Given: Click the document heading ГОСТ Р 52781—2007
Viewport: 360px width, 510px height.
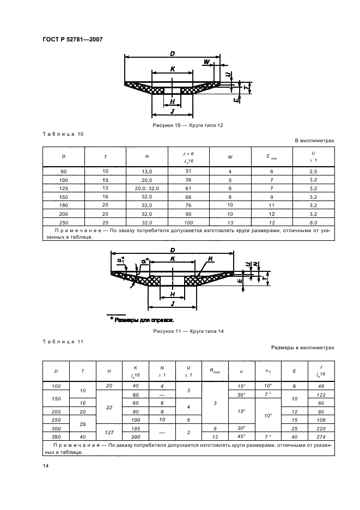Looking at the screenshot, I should point(72,39).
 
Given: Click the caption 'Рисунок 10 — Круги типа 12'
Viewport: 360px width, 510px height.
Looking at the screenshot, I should point(188,125).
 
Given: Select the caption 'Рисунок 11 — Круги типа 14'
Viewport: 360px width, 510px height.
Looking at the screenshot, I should point(188,331).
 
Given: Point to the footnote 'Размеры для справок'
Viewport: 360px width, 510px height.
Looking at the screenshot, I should point(142,319).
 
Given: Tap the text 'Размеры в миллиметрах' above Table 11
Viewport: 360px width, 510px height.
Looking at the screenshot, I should point(302,347).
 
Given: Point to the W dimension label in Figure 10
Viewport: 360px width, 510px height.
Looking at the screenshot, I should point(206,62).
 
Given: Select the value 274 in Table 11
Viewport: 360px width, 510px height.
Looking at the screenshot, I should point(321,437).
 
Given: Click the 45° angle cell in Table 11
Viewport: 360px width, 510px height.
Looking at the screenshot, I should point(241,437).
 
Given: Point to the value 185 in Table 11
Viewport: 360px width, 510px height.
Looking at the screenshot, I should point(135,429).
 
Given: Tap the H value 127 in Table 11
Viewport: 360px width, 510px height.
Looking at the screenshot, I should point(109,433).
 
